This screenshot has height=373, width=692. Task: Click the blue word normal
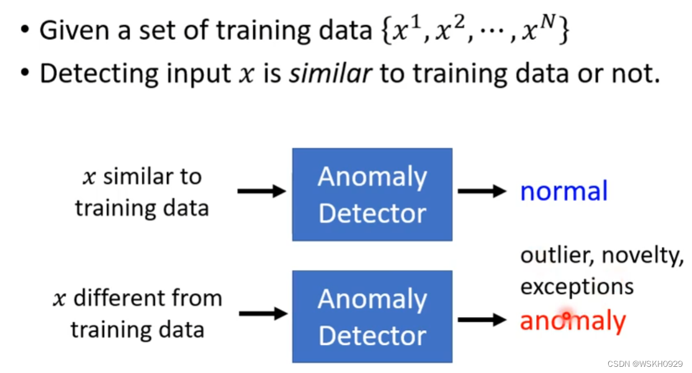pos(564,191)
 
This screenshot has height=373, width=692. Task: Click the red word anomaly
pos(572,321)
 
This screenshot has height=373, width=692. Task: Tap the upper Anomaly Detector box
pos(372,194)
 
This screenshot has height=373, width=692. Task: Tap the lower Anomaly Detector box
pos(372,317)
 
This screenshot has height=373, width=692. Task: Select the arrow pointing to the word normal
pos(482,191)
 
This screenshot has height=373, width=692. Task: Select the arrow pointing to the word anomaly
pos(482,320)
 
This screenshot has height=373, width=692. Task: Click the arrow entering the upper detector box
pos(261,191)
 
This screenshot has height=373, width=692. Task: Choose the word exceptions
pos(577,286)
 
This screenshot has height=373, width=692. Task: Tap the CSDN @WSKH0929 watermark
pos(645,364)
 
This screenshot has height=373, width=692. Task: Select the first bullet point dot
pos(24,31)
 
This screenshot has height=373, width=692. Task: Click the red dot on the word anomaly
pos(565,316)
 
